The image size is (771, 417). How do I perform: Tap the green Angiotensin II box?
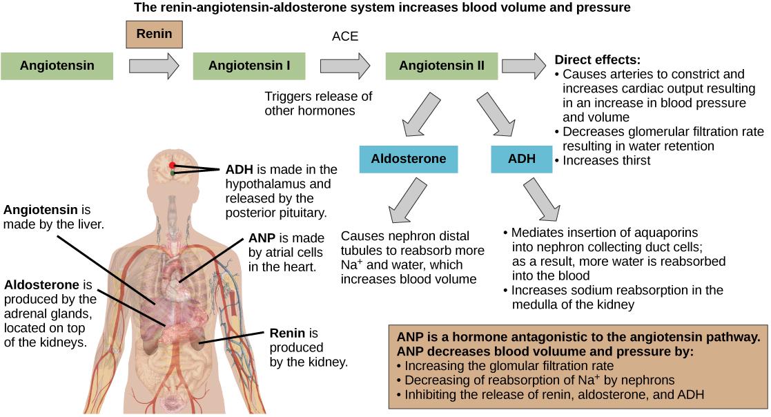[x=441, y=67]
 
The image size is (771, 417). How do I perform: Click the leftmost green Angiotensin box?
[x=57, y=67]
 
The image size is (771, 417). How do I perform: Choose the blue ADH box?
[x=522, y=159]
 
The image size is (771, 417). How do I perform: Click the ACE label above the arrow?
[x=345, y=37]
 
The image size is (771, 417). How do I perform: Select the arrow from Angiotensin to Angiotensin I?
[x=154, y=67]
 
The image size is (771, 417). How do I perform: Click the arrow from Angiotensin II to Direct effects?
[x=523, y=66]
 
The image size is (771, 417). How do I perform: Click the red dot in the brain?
[x=173, y=165]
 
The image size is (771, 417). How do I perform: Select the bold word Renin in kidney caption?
[x=284, y=333]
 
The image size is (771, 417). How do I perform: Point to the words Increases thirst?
[x=607, y=160]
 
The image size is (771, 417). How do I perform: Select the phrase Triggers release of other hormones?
[x=318, y=103]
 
